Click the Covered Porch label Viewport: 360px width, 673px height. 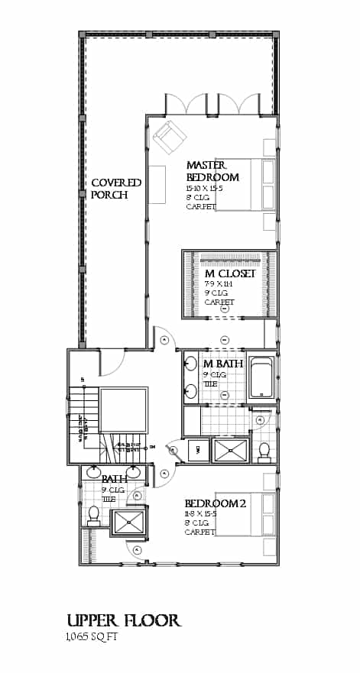(x=116, y=189)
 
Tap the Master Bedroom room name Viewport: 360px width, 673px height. (x=212, y=171)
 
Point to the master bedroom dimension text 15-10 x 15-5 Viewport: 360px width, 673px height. (x=212, y=188)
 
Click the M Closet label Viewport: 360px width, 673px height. (x=229, y=273)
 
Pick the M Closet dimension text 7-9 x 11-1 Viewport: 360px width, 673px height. (x=219, y=284)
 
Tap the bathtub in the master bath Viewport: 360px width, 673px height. (x=262, y=377)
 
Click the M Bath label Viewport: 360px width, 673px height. (x=222, y=364)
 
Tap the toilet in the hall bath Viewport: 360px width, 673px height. (x=93, y=516)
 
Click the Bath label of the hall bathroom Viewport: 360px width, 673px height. (x=115, y=479)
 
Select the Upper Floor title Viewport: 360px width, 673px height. (x=123, y=620)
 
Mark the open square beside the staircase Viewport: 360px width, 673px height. (x=123, y=413)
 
